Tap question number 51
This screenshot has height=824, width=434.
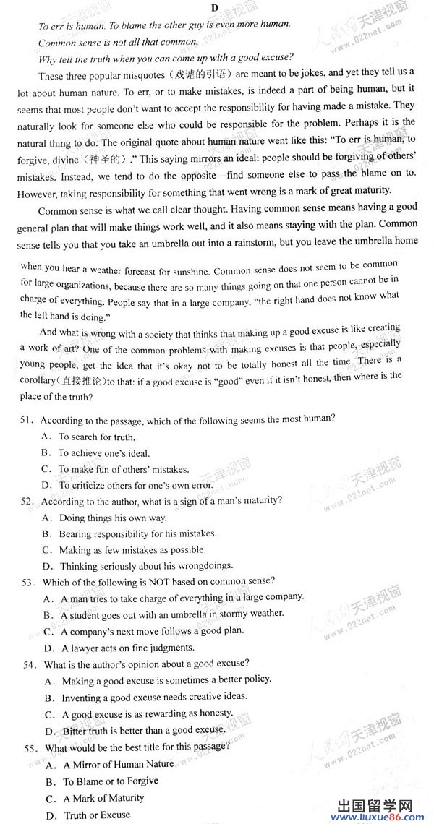pos(28,420)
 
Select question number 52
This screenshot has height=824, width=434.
pos(29,501)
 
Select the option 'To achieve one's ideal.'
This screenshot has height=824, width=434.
pos(104,453)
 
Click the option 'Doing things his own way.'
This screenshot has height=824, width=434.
pos(113,518)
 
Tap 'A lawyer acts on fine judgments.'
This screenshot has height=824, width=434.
pos(127,648)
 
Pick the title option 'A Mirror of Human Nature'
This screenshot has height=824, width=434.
pos(119,764)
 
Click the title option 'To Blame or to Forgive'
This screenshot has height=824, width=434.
pos(110,781)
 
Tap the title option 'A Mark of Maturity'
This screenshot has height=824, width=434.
pos(103,798)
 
